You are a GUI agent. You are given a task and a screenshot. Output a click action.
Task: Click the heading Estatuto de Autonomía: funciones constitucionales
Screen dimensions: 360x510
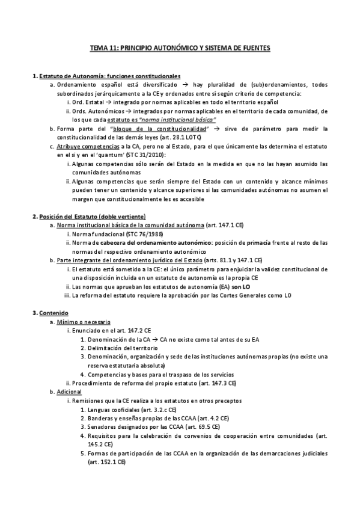click(x=109, y=77)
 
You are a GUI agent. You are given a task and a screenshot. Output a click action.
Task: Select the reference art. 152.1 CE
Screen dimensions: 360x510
click(x=106, y=461)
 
